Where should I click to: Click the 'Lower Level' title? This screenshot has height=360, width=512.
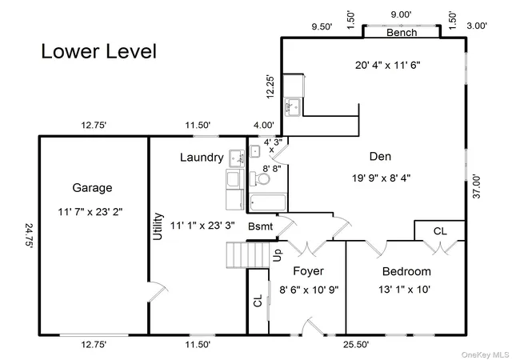click(x=98, y=51)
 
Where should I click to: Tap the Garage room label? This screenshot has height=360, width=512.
click(x=92, y=188)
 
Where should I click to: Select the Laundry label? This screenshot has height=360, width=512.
click(x=202, y=158)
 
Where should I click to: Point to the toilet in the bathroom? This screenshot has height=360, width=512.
click(x=260, y=179)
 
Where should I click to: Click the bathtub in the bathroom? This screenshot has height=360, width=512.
click(x=268, y=202)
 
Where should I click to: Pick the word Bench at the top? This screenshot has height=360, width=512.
click(x=402, y=33)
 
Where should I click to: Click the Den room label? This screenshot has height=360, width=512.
click(x=380, y=157)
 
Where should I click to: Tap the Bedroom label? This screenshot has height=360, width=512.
click(x=406, y=271)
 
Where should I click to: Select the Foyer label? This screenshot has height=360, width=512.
click(x=308, y=271)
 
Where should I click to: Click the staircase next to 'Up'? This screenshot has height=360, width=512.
click(x=248, y=255)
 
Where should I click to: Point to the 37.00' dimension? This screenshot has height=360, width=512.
click(x=477, y=186)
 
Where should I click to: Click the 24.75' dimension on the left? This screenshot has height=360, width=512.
click(x=29, y=236)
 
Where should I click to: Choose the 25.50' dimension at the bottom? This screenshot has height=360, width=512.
click(x=356, y=345)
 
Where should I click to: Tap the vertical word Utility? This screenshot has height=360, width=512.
click(x=158, y=226)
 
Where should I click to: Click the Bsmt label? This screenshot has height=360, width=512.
click(x=260, y=226)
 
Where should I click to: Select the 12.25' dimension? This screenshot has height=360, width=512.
click(x=270, y=87)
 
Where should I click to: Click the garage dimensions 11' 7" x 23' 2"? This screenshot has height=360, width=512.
click(x=90, y=212)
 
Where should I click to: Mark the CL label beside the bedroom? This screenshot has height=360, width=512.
click(x=440, y=231)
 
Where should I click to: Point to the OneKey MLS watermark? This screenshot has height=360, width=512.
click(x=485, y=354)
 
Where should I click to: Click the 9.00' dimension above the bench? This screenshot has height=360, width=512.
click(x=401, y=14)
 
